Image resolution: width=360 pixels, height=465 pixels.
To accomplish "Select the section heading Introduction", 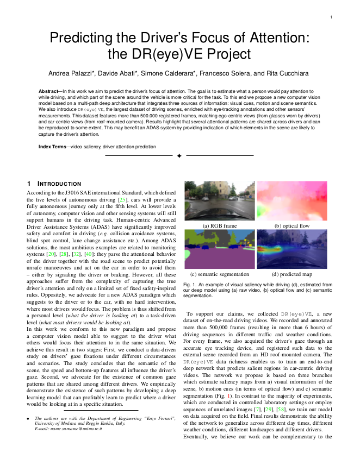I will coord(58,184).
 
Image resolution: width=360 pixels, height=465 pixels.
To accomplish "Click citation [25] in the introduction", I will coord(123,200).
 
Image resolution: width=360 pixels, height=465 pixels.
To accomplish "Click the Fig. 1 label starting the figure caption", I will coord(190,284).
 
